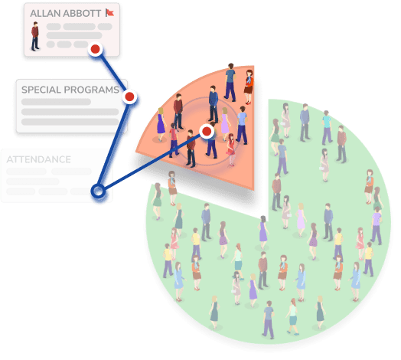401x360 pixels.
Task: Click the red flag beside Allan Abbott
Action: click(109, 12)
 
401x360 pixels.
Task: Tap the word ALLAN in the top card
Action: click(44, 13)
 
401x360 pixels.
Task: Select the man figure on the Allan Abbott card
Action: click(35, 36)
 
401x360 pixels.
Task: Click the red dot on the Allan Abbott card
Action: click(96, 49)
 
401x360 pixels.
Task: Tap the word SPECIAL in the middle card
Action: click(41, 90)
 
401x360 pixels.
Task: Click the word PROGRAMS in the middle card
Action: click(92, 90)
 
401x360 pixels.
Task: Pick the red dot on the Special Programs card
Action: click(129, 97)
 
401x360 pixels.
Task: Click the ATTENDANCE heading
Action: click(38, 159)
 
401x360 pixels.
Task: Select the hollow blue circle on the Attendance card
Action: click(98, 191)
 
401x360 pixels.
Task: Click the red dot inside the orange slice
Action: click(207, 131)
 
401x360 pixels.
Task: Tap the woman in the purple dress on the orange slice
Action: click(161, 124)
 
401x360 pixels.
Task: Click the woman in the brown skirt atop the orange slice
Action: click(249, 87)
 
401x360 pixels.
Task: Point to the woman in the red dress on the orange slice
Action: click(230, 149)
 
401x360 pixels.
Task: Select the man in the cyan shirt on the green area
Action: click(327, 127)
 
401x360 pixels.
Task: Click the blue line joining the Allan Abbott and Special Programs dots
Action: click(112, 73)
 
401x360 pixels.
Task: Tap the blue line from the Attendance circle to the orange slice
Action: click(152, 162)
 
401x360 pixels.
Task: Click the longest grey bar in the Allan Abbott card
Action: click(74, 35)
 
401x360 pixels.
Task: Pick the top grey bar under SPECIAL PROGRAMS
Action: click(57, 102)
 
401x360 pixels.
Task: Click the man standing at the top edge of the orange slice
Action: click(230, 82)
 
